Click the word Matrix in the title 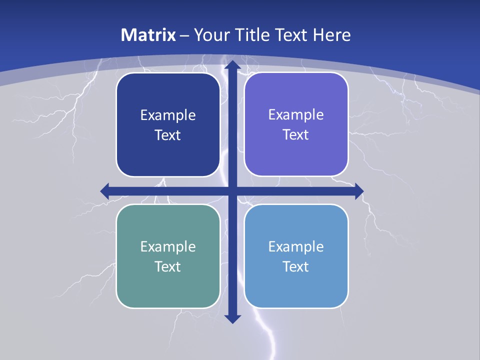pos(148,35)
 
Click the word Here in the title pos(331,35)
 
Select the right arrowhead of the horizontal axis pos(358,191)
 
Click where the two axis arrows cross pos(232,191)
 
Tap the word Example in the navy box pos(168,115)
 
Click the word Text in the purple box pos(296,134)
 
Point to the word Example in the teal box pos(168,246)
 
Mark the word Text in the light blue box pos(296,266)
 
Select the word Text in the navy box pos(168,135)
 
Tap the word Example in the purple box pos(296,115)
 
